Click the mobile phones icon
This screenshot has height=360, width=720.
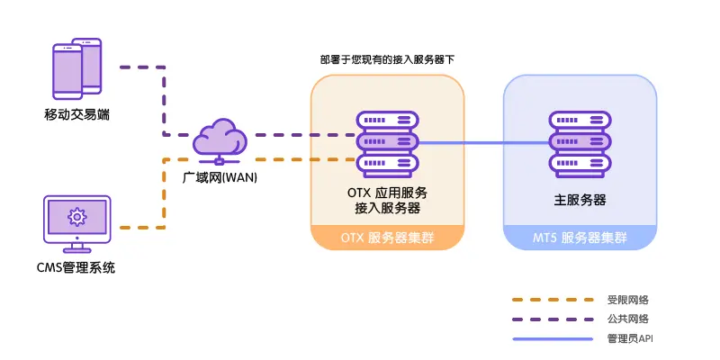(x=76, y=68)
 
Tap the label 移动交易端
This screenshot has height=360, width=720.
(x=77, y=114)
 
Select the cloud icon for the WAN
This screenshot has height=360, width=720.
(x=220, y=141)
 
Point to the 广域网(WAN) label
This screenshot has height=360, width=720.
(x=220, y=177)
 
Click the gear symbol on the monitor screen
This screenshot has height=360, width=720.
(x=76, y=217)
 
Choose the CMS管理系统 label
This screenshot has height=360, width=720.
(x=76, y=267)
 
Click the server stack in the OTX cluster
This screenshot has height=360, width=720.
(x=387, y=144)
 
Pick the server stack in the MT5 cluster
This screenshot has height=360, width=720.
(x=580, y=144)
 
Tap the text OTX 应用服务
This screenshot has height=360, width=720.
(x=387, y=193)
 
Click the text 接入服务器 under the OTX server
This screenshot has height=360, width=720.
(x=387, y=208)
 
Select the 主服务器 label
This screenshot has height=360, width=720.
(x=580, y=200)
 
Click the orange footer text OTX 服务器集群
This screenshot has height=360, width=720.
(x=387, y=238)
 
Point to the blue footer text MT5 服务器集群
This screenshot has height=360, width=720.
(x=580, y=238)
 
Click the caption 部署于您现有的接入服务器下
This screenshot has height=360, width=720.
(x=387, y=59)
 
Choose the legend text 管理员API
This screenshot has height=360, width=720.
(x=630, y=339)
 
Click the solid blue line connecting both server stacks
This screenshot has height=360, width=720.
(x=484, y=143)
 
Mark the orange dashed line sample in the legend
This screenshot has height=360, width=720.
(x=553, y=300)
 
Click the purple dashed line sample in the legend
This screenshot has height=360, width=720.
(x=553, y=319)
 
